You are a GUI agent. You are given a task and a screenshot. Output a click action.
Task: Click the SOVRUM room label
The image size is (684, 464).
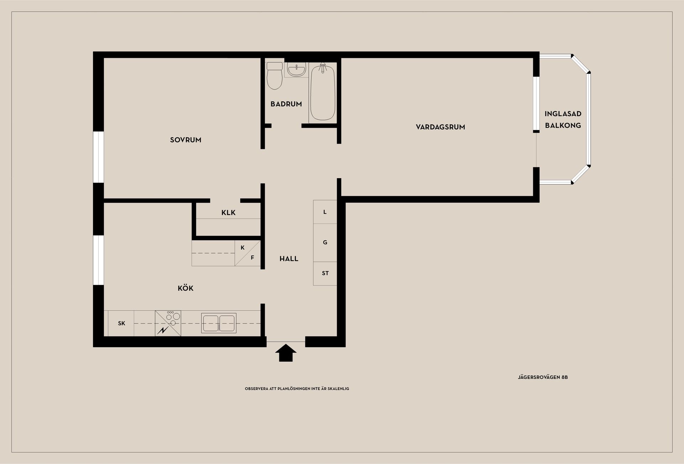coord(186,140)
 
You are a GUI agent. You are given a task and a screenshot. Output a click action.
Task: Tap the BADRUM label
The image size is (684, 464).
coord(286,104)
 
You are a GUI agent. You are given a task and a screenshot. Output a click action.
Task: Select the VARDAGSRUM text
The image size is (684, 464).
coord(440,127)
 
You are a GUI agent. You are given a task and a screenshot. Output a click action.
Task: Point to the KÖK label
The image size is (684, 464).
coord(186,288)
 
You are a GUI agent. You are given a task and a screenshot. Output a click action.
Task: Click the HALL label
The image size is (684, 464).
coord(289,259)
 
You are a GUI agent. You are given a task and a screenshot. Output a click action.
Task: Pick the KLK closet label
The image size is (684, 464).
coord(228,213)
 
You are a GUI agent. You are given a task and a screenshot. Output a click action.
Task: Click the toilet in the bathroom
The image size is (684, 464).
coord(274,76)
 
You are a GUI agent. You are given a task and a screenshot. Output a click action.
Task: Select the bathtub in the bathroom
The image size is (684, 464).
coord(323,92)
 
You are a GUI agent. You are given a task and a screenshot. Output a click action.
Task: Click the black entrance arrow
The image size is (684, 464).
coord(286,353)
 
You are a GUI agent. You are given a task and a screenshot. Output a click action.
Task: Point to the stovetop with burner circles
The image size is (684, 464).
coord(168,323)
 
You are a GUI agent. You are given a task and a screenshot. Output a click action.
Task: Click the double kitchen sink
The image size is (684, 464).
coord(219,323)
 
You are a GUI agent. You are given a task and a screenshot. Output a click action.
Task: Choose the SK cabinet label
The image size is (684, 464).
coord(121,324)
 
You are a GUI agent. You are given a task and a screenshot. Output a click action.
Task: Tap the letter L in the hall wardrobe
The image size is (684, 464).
coord(325,212)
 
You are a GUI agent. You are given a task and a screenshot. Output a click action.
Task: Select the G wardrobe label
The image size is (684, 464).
coord(325,242)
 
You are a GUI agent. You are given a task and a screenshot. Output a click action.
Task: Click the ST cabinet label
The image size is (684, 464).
coord(325,273)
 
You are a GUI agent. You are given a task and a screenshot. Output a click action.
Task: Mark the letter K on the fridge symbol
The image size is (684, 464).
coord(243,248)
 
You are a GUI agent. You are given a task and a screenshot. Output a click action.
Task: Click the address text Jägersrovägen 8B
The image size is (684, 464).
coord(543,377)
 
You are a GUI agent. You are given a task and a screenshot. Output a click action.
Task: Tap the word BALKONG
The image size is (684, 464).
coord(563,125)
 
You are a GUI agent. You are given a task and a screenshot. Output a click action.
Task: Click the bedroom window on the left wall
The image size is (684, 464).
coord(98,157)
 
